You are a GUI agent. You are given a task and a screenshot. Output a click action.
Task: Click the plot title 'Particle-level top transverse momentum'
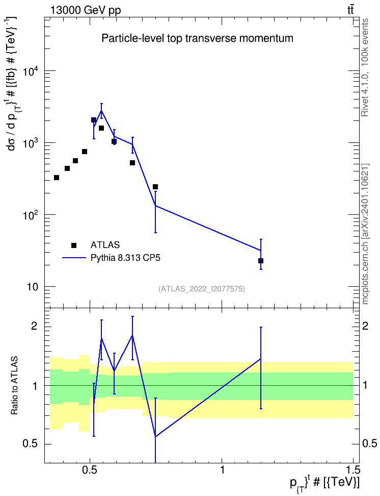[197, 39]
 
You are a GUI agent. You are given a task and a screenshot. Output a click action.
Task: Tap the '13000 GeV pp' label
[85, 10]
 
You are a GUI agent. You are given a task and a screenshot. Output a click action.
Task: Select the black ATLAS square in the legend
[74, 245]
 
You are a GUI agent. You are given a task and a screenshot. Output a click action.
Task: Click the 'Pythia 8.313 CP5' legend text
[125, 258]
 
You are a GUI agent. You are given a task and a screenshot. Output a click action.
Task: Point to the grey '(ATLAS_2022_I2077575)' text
[202, 288]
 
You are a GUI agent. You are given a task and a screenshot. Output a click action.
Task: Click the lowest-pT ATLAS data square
[57, 178]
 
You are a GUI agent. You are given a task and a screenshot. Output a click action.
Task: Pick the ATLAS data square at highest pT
[261, 261]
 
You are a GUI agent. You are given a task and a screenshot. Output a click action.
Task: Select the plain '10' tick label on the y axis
[33, 287]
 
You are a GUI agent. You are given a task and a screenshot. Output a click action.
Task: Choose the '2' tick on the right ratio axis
[365, 326]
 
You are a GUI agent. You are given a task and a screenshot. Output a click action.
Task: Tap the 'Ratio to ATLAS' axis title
[15, 385]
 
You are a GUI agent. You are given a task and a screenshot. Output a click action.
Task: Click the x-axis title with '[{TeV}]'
[324, 484]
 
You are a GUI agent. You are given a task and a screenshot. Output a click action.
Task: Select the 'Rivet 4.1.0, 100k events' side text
[365, 67]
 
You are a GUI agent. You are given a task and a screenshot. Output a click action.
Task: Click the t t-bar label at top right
[350, 10]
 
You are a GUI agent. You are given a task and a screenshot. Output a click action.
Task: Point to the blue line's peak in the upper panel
[101, 110]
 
